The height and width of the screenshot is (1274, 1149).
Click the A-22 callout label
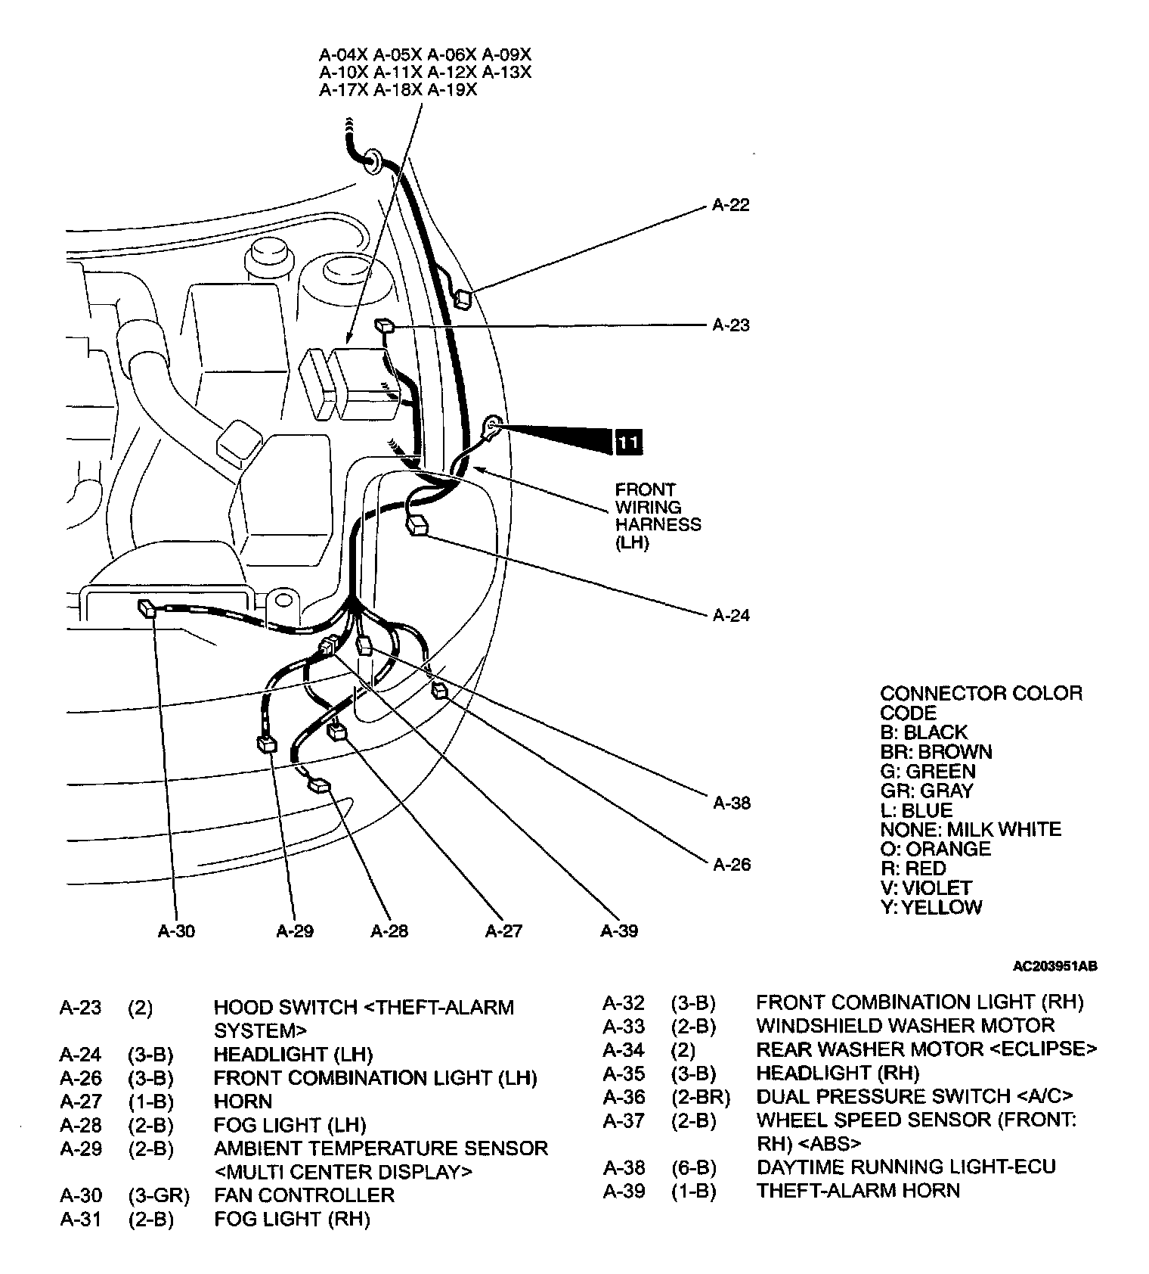(x=730, y=205)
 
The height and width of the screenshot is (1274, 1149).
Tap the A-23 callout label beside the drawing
(x=730, y=325)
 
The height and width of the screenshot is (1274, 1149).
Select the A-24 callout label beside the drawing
(x=731, y=615)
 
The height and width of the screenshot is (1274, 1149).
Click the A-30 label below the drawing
(x=176, y=931)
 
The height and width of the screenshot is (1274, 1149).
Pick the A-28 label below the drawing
(x=389, y=931)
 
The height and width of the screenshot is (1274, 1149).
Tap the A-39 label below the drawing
(x=619, y=931)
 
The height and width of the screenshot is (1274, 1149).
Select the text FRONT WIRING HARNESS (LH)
(x=658, y=516)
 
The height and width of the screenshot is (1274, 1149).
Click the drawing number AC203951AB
(x=1055, y=966)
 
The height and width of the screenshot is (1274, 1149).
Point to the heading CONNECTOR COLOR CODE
(x=980, y=703)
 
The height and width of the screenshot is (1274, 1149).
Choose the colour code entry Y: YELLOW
(x=931, y=907)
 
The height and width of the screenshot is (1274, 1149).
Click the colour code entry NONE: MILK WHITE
(x=971, y=829)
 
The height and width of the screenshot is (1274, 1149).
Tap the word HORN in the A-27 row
(x=243, y=1102)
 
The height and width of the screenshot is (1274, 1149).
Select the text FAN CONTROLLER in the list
(x=304, y=1195)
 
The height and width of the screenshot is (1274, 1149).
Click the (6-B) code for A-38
(x=693, y=1167)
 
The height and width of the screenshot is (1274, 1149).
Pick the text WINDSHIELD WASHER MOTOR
(x=905, y=1026)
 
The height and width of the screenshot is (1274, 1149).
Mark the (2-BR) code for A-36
(x=700, y=1096)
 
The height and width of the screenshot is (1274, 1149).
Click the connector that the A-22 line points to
(x=462, y=299)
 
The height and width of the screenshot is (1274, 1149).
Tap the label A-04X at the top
(x=343, y=54)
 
